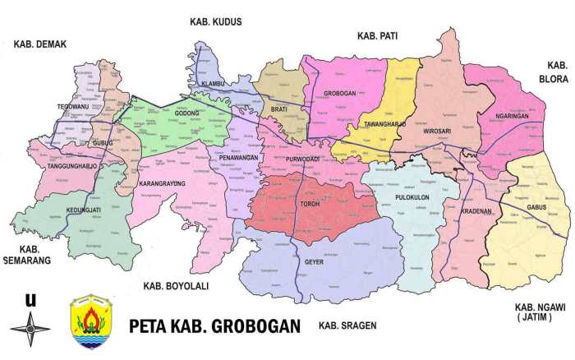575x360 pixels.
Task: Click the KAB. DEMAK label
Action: point(39,44)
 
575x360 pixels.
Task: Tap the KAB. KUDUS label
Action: point(215,22)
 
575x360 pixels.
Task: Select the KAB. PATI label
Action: point(377,36)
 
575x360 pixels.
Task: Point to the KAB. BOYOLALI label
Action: point(176,286)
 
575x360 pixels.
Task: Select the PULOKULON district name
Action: point(409,197)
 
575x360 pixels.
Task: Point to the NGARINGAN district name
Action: point(513,116)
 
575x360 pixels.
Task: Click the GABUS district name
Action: point(537,207)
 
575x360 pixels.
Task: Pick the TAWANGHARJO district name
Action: point(383,124)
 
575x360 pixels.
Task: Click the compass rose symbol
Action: point(30,330)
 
